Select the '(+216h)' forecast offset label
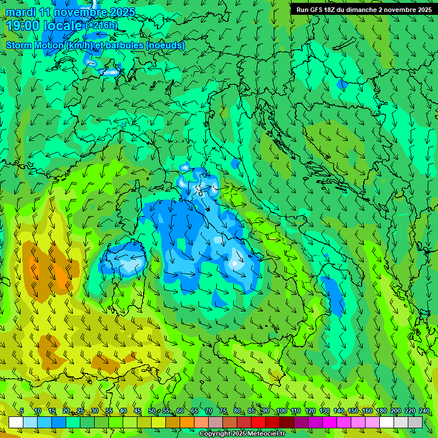[x=102, y=26]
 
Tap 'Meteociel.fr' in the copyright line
[x=270, y=434]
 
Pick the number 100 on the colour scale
[x=281, y=411]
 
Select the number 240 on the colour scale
[x=424, y=411]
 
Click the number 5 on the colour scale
[x=22, y=411]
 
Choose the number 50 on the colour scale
[x=152, y=411]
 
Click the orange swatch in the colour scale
[x=187, y=422]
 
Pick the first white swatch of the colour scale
[x=16, y=422]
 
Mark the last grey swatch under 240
[x=415, y=422]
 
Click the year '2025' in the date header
[x=120, y=12]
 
